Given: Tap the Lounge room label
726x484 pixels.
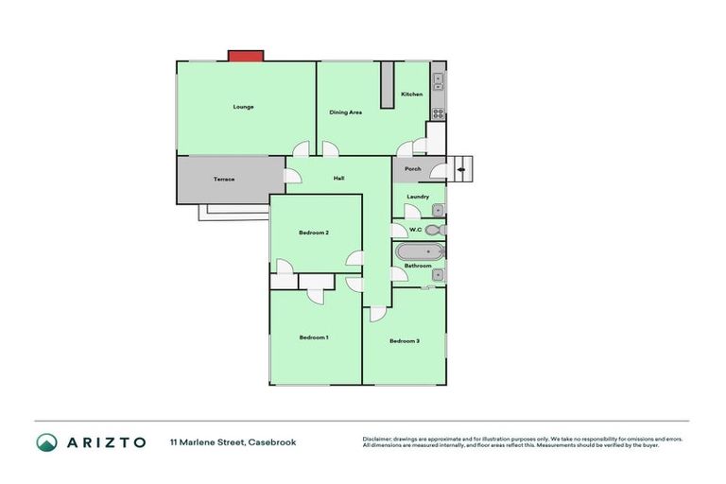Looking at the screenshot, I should click(244, 107).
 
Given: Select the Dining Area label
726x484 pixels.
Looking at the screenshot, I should click(345, 112).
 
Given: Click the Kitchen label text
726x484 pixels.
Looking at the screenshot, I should click(412, 95).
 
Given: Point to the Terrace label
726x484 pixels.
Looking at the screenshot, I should click(223, 180).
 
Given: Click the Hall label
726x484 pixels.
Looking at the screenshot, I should click(337, 178).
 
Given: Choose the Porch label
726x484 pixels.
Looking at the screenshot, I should click(412, 169).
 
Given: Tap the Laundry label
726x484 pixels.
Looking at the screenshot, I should click(417, 197).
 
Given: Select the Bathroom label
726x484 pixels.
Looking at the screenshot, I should click(418, 266).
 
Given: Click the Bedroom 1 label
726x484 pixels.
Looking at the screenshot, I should click(314, 337).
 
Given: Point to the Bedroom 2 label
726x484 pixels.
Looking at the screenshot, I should click(314, 233).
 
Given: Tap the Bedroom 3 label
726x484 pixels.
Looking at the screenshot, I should click(404, 340).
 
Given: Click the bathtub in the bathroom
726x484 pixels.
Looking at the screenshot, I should click(419, 251).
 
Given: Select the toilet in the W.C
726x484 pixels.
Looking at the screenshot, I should click(434, 230).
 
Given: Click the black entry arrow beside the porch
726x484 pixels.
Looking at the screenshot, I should click(461, 170).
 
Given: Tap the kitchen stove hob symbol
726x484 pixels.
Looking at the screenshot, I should click(439, 114).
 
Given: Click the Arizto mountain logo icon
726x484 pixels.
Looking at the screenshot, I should click(46, 442).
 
